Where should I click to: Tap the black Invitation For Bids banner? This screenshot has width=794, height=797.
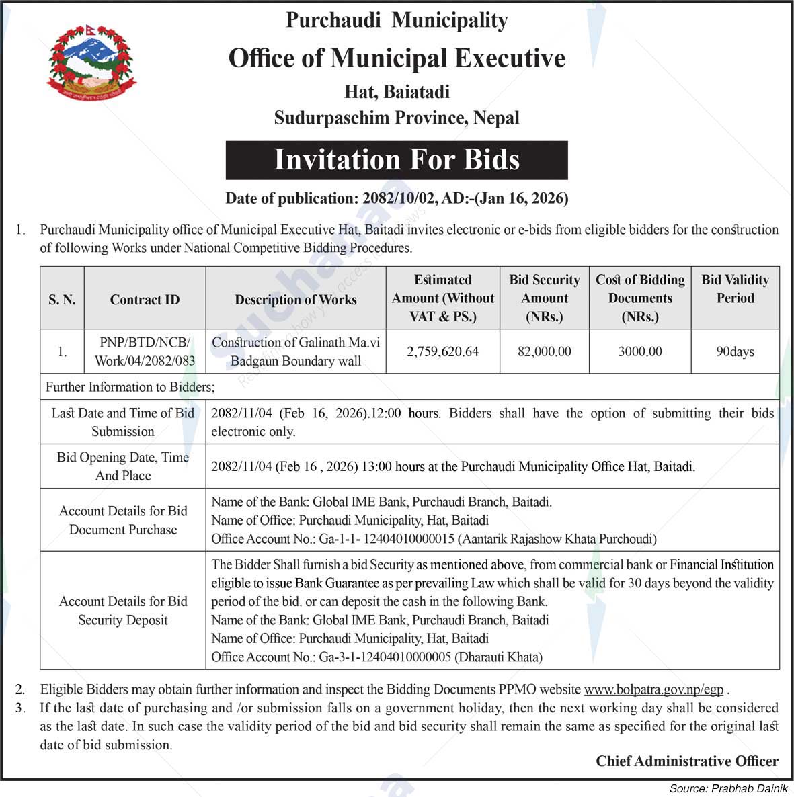click(x=397, y=160)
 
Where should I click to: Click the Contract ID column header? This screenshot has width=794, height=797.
click(x=145, y=300)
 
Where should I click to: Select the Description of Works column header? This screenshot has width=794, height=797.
click(x=296, y=300)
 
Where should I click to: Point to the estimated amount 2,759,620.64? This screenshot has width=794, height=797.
click(x=442, y=351)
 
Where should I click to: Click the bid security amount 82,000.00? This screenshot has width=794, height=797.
click(x=545, y=351)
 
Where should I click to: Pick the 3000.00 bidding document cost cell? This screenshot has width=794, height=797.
click(x=640, y=351)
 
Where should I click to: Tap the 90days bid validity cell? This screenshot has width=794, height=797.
click(x=735, y=351)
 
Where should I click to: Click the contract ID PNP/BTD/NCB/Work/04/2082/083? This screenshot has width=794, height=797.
click(x=145, y=351)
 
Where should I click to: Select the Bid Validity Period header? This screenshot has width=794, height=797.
click(x=735, y=289)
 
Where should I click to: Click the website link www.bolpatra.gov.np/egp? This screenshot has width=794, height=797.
click(x=653, y=689)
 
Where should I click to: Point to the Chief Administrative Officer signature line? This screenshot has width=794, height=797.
click(x=687, y=761)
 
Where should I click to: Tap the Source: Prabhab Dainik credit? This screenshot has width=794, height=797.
click(x=728, y=788)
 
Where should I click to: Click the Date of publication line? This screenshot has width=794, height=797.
click(x=397, y=198)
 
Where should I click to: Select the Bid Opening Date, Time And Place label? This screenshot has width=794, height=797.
click(x=123, y=466)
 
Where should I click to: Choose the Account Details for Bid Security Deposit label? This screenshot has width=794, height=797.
click(x=123, y=611)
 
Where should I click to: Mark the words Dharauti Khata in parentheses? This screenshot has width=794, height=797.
click(x=499, y=657)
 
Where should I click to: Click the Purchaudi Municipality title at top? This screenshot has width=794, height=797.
click(x=397, y=20)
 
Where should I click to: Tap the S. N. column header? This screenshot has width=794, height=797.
click(x=62, y=300)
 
